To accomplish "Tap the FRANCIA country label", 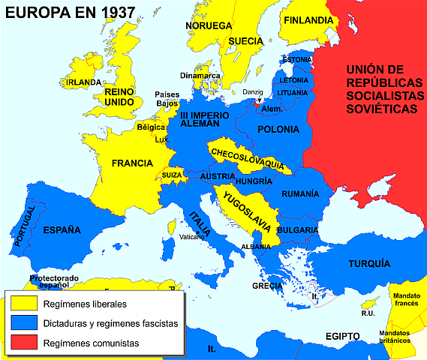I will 132,163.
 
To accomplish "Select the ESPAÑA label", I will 62,229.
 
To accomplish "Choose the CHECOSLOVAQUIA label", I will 247,157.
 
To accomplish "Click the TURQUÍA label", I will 368,263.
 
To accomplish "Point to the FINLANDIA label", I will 308,20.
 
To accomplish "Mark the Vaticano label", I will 191,237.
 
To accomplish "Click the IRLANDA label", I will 83,82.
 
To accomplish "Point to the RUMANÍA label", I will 300,193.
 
